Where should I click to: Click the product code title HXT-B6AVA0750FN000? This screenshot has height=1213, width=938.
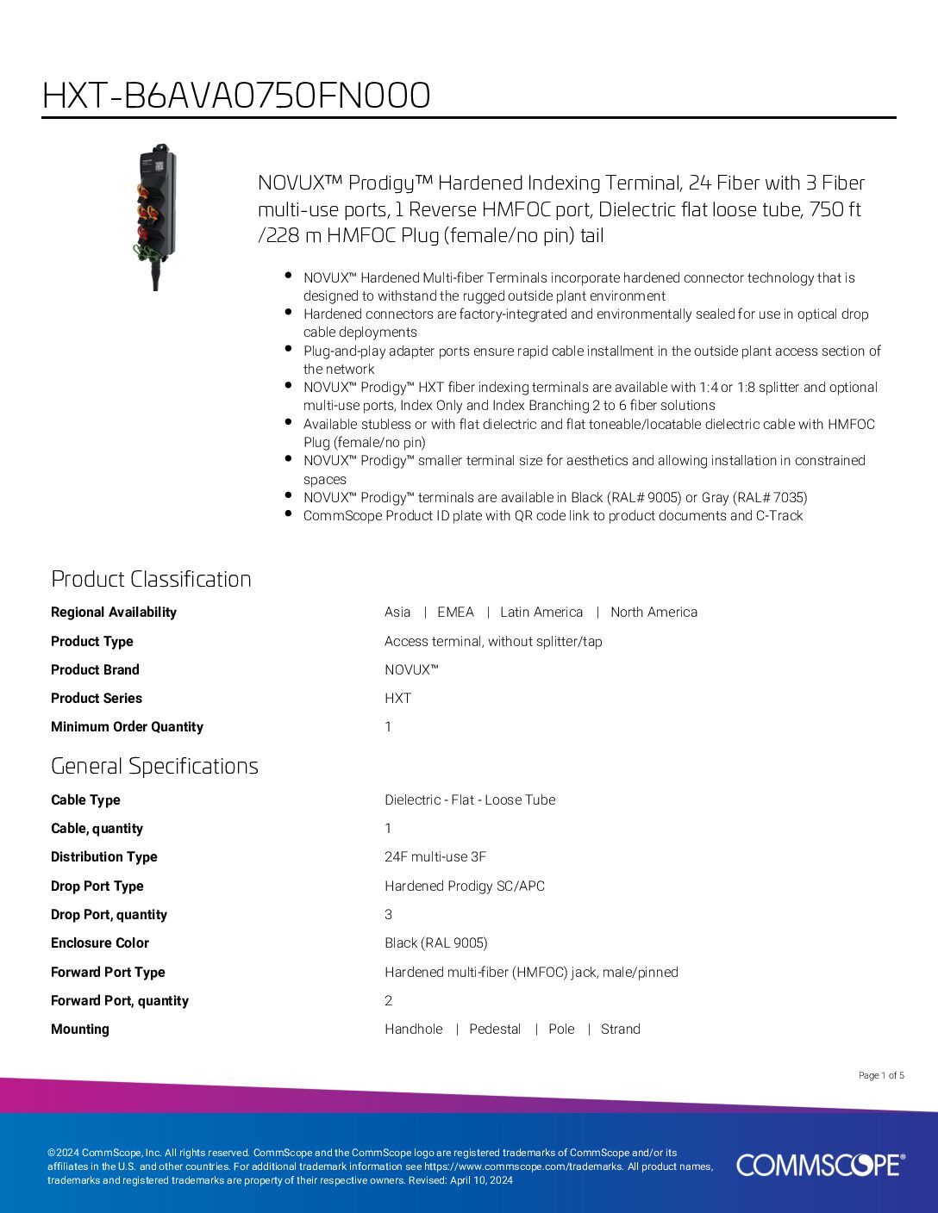pos(236,96)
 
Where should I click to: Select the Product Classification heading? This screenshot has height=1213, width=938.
pos(151,579)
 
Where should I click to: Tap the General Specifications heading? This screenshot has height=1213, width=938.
pos(154,766)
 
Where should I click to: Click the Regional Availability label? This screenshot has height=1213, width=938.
pos(114,613)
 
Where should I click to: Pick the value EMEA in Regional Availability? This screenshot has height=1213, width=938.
pos(455,613)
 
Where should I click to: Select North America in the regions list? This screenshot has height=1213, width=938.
pos(653,613)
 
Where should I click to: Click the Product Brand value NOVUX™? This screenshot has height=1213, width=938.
pos(411,670)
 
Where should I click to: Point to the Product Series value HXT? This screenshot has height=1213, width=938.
pos(397,699)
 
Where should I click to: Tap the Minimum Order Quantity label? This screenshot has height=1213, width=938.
pos(127,727)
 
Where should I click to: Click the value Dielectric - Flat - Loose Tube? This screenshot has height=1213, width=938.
pos(470,800)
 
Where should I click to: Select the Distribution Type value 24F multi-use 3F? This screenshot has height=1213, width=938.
pos(435,857)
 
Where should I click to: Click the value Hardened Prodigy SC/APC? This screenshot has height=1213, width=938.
pos(465,886)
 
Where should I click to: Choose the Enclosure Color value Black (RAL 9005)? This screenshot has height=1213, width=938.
pos(436,943)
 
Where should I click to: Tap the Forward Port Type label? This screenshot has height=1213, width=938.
pos(108,973)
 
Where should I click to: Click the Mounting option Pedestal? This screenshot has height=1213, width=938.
pos(495,1029)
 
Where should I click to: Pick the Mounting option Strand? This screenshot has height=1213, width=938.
pos(620,1029)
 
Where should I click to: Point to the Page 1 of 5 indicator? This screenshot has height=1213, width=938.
pos(881,1075)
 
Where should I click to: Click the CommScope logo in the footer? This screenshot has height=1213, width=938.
pos(820,1165)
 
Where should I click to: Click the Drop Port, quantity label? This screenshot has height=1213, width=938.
pos(109,915)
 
